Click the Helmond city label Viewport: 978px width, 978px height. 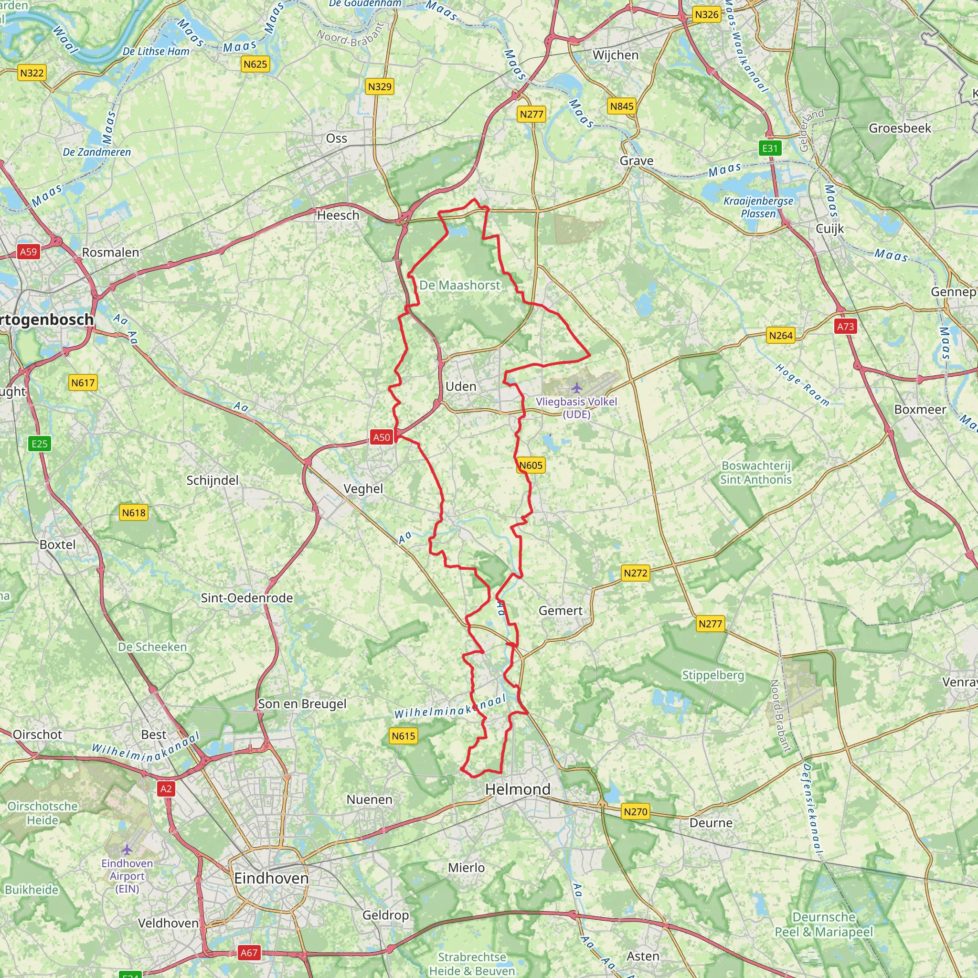tap(517, 789)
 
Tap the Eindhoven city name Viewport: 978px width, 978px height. tap(271, 878)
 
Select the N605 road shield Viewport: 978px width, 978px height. tap(531, 465)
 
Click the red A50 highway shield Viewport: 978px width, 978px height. tap(382, 437)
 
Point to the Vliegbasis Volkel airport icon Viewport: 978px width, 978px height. tap(576, 388)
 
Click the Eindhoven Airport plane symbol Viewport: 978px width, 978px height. tap(127, 849)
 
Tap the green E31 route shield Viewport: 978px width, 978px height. tap(770, 149)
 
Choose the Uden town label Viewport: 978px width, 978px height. tap(461, 387)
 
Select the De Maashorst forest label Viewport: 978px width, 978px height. tap(460, 286)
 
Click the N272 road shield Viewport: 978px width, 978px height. tap(635, 573)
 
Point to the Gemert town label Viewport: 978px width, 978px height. tap(560, 610)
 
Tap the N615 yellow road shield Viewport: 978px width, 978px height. tap(404, 736)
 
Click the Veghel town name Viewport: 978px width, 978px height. tap(363, 489)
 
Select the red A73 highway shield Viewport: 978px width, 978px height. tap(845, 327)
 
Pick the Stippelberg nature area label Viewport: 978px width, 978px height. tap(713, 675)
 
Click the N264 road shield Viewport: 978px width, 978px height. tap(781, 335)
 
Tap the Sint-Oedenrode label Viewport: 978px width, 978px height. tap(246, 598)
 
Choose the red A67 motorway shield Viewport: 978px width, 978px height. tap(248, 953)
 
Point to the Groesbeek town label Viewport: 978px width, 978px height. tap(900, 128)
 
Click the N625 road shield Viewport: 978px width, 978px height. tap(255, 64)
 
